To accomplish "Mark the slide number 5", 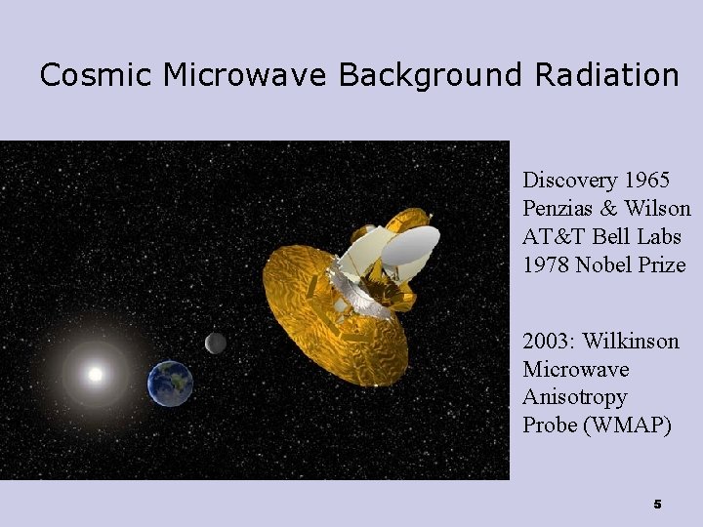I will click(657, 505).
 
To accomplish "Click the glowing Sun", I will click(96, 374).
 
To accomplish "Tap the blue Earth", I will click(170, 384).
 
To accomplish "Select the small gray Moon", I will click(216, 343).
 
